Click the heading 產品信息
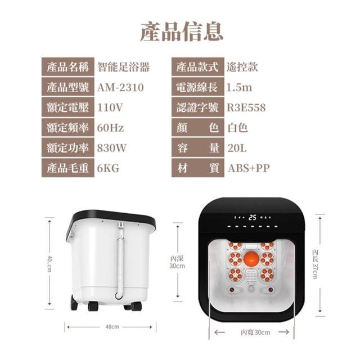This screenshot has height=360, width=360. (x=181, y=31)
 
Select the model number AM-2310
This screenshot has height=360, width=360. (x=120, y=88)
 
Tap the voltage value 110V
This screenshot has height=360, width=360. (x=110, y=107)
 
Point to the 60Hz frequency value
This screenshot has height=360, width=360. (x=110, y=128)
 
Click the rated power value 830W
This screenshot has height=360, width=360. (x=112, y=148)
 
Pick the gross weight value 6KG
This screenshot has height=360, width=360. (x=108, y=168)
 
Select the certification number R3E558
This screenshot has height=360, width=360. (x=246, y=107)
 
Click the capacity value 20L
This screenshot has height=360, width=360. (x=237, y=148)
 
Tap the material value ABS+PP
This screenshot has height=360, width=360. (x=249, y=168)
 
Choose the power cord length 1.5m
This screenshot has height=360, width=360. (x=239, y=88)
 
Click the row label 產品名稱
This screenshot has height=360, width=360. (x=68, y=67)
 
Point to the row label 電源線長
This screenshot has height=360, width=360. (x=197, y=87)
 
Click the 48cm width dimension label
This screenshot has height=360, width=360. (x=112, y=327)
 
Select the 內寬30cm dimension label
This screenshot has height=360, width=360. (x=255, y=332)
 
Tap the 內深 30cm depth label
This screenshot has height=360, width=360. (x=177, y=263)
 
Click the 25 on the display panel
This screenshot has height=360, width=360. (x=253, y=217)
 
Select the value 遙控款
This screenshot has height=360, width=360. (x=242, y=67)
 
